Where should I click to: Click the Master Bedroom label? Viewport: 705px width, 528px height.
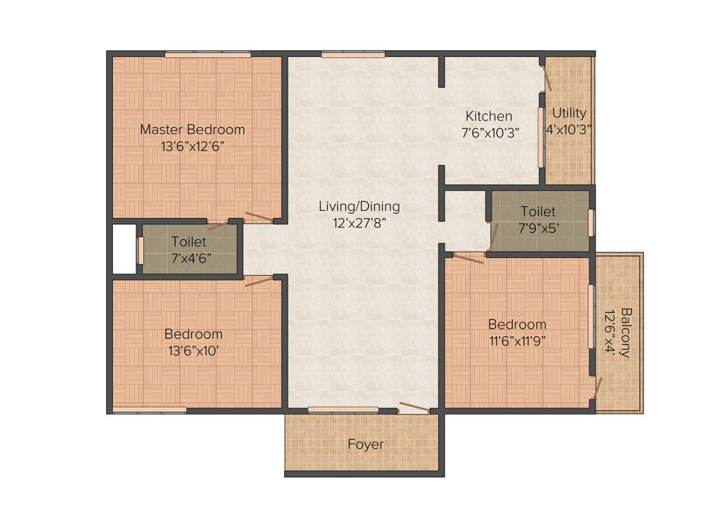coord(192,129)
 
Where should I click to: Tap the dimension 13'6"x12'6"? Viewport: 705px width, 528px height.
coord(192,146)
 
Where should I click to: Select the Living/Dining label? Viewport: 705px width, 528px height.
coord(359,206)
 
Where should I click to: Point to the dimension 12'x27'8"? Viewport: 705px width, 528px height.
coord(359,223)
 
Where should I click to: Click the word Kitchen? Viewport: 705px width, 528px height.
coord(488,116)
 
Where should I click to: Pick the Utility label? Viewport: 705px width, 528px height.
coord(569,113)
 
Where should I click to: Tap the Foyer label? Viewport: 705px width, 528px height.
coord(366,445)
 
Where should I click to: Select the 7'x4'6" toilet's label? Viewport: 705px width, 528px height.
coord(189,241)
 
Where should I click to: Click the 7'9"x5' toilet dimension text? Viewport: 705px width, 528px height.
coord(538,228)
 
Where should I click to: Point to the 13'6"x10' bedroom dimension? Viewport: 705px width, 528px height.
coord(193,351)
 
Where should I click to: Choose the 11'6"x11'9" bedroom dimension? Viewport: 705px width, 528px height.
coord(517,341)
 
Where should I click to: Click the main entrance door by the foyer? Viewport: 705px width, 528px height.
coord(414,407)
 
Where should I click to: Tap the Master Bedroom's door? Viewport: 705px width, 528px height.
coord(259,217)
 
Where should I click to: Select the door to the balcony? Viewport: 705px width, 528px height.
coord(598,389)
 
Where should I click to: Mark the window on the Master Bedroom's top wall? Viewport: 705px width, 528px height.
coord(207,54)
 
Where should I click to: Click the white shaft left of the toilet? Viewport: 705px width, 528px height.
coord(124,249)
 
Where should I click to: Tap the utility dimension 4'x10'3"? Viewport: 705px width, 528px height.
coord(569,129)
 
